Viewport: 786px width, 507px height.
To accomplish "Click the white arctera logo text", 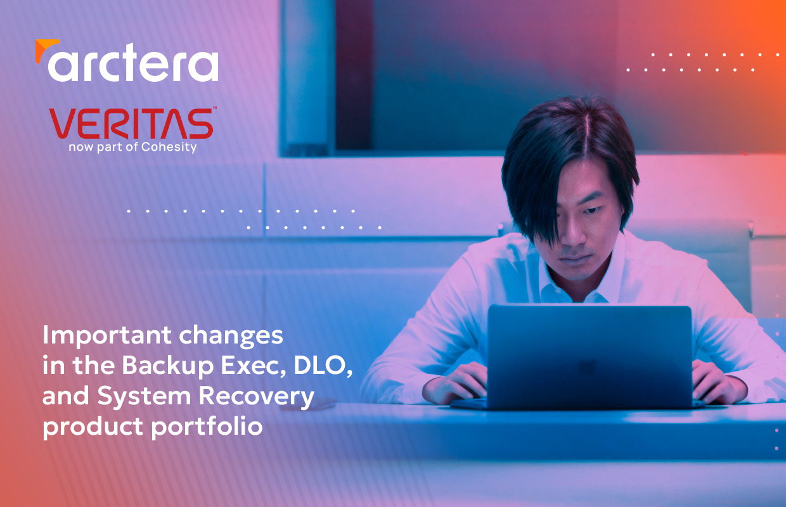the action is [133, 63].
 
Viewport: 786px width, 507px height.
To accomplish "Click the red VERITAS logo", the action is [131, 123].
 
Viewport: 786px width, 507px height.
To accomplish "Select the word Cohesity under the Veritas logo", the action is [169, 147].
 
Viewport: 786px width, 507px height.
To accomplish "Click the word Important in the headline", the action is [107, 336].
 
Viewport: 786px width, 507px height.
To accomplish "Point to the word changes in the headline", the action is [231, 337].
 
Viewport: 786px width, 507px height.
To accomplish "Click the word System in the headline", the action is [145, 396].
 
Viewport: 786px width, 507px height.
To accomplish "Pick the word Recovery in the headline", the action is [256, 397].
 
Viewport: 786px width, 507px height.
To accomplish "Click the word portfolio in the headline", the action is [207, 427].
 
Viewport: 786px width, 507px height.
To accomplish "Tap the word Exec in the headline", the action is [254, 366].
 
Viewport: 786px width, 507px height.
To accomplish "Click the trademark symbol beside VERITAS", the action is [215, 108].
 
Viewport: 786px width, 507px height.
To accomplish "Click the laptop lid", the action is [589, 356].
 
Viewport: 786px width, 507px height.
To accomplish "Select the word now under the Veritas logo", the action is [81, 148].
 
